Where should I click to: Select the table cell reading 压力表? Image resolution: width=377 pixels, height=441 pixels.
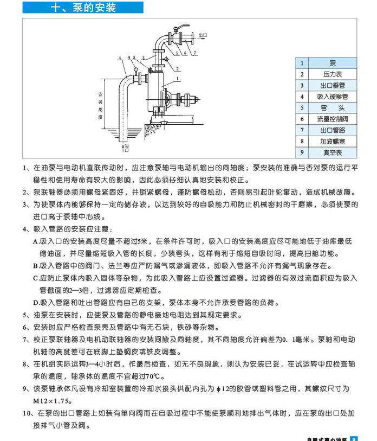[x=332, y=74]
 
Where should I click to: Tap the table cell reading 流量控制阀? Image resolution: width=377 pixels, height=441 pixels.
[x=332, y=119]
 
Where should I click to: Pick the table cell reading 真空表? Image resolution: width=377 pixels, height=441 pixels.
[x=332, y=152]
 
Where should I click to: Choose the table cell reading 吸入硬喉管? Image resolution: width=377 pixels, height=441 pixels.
[x=332, y=97]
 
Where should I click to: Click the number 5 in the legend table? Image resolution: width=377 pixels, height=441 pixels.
[x=302, y=108]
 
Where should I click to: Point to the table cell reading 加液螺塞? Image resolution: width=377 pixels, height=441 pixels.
[x=332, y=142]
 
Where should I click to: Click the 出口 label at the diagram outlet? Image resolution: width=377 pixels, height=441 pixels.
[x=203, y=35]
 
